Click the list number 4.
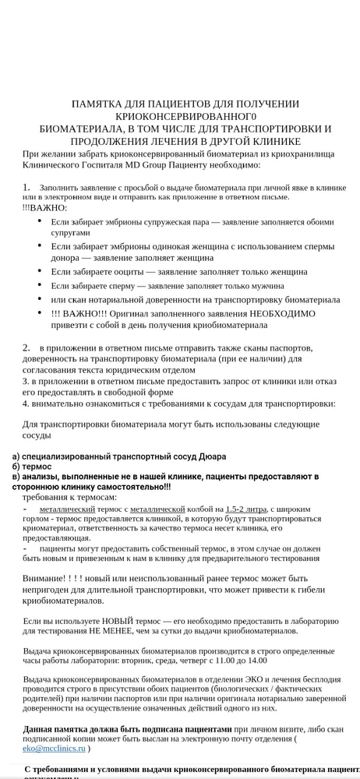[x=25, y=404]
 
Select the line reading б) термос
[x=32, y=466]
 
